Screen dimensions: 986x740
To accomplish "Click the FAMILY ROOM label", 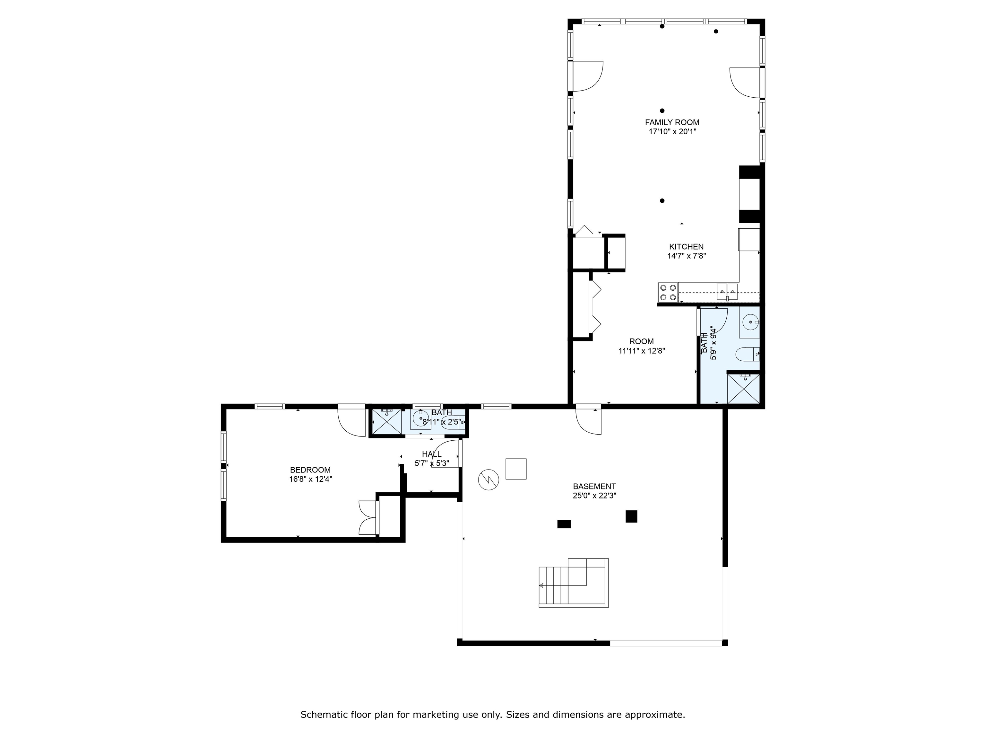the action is [x=672, y=122].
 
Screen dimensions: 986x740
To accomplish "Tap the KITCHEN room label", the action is [x=687, y=247].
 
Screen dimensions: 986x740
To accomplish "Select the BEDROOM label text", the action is [x=310, y=470].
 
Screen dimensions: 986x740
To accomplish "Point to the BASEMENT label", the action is [x=595, y=486].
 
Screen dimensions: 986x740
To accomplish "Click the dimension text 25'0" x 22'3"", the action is [x=595, y=496].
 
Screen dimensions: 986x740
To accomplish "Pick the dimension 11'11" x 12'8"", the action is [x=642, y=351].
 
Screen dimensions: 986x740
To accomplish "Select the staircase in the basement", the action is [x=574, y=583].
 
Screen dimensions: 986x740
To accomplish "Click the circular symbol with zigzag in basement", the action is [x=489, y=480].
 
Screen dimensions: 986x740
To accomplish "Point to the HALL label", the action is [x=431, y=454].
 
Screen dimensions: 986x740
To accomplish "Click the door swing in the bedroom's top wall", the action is [x=352, y=421].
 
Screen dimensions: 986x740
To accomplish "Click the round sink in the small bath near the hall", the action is [x=420, y=419].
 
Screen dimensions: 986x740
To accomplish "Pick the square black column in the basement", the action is [x=631, y=516].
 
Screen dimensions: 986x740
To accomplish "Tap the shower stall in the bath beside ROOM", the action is [x=743, y=389].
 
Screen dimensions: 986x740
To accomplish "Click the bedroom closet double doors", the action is [x=368, y=517].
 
